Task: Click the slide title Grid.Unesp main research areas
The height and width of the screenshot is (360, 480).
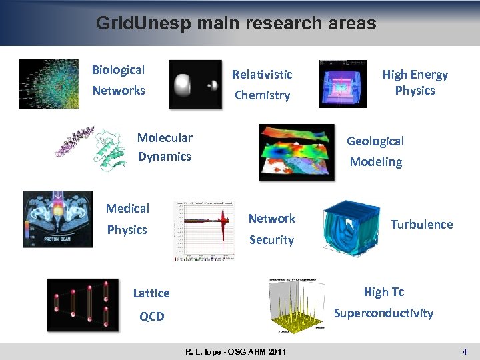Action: point(236,23)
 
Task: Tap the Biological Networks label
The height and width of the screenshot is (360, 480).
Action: point(118,80)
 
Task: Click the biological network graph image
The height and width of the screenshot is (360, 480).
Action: point(48,84)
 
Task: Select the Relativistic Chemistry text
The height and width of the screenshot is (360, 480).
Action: point(262,85)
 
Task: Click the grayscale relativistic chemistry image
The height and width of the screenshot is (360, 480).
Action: point(195,84)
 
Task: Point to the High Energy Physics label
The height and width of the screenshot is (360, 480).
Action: point(415,83)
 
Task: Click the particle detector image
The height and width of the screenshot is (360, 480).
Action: point(343,84)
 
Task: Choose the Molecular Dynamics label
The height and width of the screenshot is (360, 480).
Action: point(164,147)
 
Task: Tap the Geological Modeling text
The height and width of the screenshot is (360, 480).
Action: point(376,151)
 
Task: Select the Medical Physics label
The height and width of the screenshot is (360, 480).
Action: point(127,219)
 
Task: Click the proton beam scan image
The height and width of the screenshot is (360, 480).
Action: point(58,219)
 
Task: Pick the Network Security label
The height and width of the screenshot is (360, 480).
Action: point(271,229)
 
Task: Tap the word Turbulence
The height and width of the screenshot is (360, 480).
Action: point(421,225)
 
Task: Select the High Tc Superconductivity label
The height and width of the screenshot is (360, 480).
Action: point(383,303)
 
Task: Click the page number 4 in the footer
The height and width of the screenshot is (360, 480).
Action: point(464,351)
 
